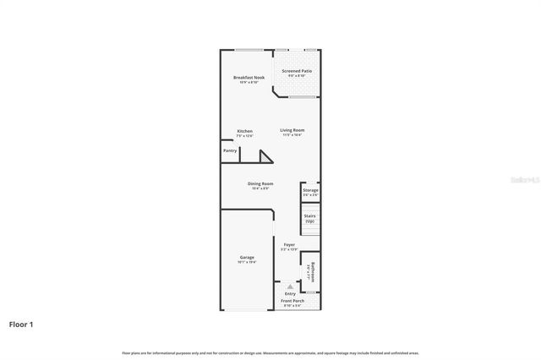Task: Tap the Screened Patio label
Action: [297, 71]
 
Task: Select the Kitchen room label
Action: [244, 131]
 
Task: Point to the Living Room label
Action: [292, 129]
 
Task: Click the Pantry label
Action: [230, 150]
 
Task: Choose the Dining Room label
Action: [260, 183]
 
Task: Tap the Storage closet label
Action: [310, 190]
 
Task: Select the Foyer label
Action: [289, 244]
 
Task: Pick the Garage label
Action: [247, 257]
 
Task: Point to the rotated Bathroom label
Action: [311, 270]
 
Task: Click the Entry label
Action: [290, 293]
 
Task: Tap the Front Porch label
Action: [292, 300]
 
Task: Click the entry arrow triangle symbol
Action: [289, 286]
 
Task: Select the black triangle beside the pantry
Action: [266, 156]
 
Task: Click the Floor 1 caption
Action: [22, 324]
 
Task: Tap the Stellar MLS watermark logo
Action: [523, 179]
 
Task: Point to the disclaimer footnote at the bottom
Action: [270, 352]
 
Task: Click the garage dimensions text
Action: [247, 262]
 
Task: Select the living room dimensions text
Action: [292, 134]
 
